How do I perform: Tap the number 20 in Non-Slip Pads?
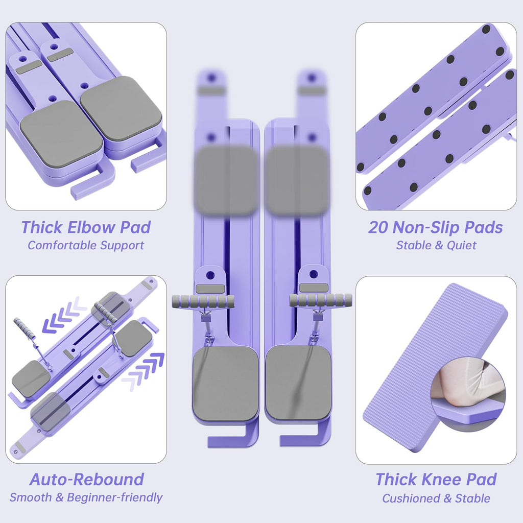click(378, 227)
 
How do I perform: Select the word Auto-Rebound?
click(87, 479)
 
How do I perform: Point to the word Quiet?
click(462, 246)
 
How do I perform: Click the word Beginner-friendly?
click(115, 497)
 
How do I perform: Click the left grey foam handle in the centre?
click(203, 302)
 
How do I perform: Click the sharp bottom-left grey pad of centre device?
click(225, 383)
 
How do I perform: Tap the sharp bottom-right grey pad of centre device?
click(298, 383)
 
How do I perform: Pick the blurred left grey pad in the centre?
click(227, 180)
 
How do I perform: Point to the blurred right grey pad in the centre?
click(297, 180)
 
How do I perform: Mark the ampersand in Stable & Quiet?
click(438, 246)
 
